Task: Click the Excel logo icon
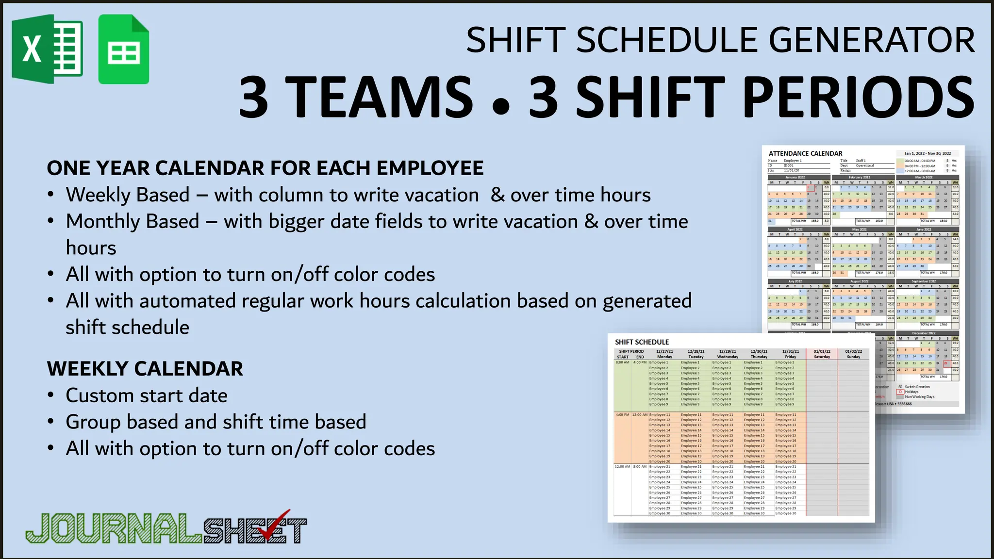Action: [x=47, y=49]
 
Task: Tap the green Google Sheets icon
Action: [x=123, y=49]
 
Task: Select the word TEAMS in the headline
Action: [x=379, y=97]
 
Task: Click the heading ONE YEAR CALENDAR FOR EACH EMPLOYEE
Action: [x=265, y=168]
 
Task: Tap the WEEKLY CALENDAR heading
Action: [x=145, y=369]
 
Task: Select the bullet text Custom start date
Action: [x=146, y=395]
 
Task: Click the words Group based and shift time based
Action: [x=215, y=422]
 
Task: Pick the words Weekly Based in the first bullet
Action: [x=128, y=195]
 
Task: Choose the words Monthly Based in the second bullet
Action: [x=133, y=221]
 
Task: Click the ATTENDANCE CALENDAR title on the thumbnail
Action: [x=805, y=153]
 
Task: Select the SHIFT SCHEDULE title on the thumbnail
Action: [x=642, y=342]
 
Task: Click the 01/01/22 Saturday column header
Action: [x=822, y=354]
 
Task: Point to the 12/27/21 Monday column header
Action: [x=664, y=354]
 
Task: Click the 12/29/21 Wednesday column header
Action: [x=728, y=354]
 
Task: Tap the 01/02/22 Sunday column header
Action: [x=853, y=354]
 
